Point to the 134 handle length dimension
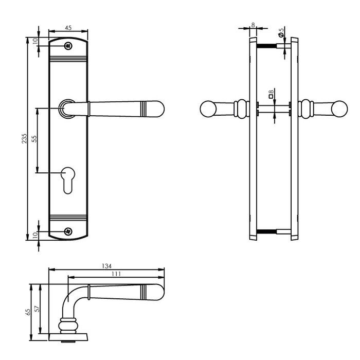point(106,266)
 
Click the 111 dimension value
point(116,275)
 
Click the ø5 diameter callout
point(281,33)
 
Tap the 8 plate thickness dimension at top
point(253,24)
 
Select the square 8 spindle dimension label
point(272,94)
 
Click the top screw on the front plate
point(68,46)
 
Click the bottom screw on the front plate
point(68,231)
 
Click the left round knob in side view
point(207,109)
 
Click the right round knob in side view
point(339,109)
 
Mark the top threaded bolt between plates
point(267,46)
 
